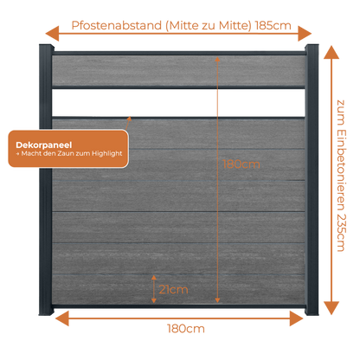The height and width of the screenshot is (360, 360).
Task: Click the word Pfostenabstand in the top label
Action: [x=117, y=25]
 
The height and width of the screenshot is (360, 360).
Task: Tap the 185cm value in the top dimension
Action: [x=273, y=26]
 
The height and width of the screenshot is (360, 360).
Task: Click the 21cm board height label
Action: [x=173, y=289]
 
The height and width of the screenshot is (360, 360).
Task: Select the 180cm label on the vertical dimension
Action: [x=241, y=164]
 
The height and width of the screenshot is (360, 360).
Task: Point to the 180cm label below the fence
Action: [x=186, y=329]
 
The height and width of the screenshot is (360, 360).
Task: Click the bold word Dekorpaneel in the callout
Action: [x=44, y=145]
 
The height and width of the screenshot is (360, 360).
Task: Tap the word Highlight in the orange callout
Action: [x=107, y=153]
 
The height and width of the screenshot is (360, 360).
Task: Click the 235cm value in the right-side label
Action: [x=341, y=233]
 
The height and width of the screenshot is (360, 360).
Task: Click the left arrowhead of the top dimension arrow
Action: [x=52, y=34]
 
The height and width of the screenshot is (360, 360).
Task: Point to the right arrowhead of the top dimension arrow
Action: [x=305, y=34]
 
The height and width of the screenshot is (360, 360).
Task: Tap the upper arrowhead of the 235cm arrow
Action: [x=331, y=52]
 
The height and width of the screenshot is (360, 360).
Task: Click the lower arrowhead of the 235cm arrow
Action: [x=331, y=308]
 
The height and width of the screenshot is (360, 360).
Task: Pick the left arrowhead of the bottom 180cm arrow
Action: [x=61, y=318]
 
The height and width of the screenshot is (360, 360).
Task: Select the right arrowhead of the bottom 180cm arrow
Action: [x=297, y=318]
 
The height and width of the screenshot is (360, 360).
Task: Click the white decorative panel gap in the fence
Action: [x=178, y=103]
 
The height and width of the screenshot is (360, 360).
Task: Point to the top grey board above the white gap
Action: [x=178, y=70]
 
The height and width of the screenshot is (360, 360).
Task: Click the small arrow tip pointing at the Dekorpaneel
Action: [x=130, y=118]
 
